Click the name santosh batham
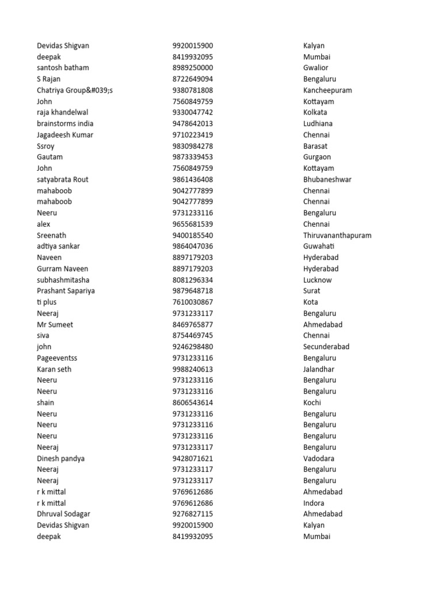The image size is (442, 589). [63, 68]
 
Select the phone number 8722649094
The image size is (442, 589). [192, 79]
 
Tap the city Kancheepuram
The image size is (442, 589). [327, 90]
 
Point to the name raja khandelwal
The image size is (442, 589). [62, 112]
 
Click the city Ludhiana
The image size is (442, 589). [318, 124]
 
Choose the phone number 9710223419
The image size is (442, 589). [192, 135]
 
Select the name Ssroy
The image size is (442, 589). [45, 146]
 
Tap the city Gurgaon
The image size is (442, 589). [317, 157]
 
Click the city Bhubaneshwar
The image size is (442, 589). [327, 179]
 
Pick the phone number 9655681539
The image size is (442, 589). [192, 224]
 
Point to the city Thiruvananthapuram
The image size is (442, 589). [337, 235]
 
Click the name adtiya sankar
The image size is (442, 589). [58, 246]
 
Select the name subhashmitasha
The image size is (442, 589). [63, 280]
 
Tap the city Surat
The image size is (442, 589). [311, 291]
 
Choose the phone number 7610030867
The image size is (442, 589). [192, 302]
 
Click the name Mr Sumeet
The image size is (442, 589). [55, 324]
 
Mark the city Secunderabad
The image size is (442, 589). [326, 347]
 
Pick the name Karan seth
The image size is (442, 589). [54, 369]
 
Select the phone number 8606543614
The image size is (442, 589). [192, 403]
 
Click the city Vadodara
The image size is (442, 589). [318, 458]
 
